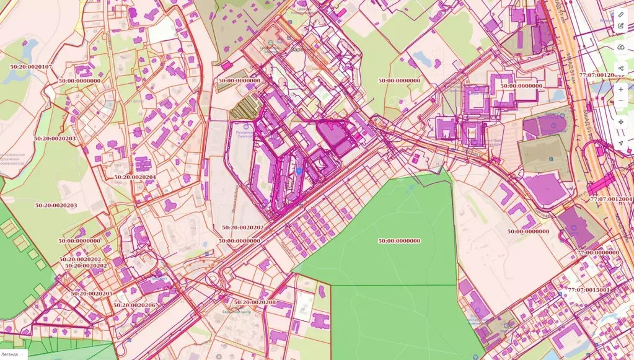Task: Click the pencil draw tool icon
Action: click(x=621, y=14)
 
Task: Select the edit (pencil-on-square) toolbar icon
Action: click(x=621, y=25)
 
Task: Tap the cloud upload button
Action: click(x=621, y=47)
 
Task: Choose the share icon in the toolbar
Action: click(x=621, y=68)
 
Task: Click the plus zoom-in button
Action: click(x=621, y=89)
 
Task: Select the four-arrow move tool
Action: click(x=621, y=122)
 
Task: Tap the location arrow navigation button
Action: click(x=621, y=143)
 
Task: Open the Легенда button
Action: click(x=13, y=354)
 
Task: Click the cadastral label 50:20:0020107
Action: click(x=31, y=67)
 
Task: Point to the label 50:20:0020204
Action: click(x=135, y=177)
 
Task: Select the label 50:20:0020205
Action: click(x=92, y=294)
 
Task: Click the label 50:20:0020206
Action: click(x=134, y=305)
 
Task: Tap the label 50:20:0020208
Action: click(x=255, y=302)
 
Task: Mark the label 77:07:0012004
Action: click(x=612, y=200)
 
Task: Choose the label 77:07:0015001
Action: click(x=589, y=290)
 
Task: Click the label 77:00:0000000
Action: click(x=598, y=253)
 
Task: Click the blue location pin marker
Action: click(x=299, y=171)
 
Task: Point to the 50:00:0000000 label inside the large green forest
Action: click(x=399, y=240)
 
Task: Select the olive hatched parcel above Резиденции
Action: click(x=244, y=110)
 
